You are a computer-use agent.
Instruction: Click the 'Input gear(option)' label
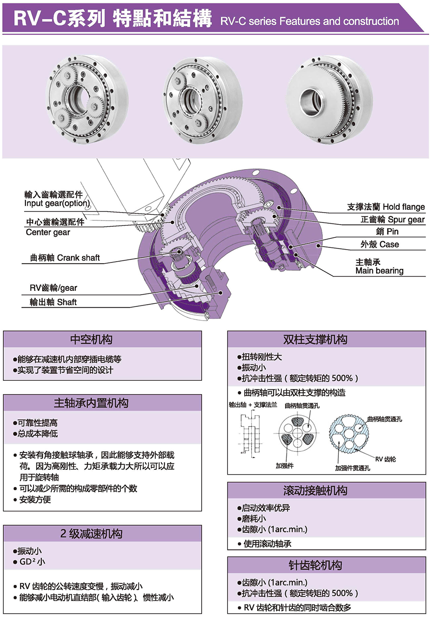57,203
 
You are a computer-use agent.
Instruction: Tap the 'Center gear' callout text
48,232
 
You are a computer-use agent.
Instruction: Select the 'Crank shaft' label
65,258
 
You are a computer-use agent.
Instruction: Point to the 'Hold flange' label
386,207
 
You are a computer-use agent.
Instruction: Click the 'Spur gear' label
392,219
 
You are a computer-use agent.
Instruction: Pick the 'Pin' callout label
387,231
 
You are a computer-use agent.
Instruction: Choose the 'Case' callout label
380,244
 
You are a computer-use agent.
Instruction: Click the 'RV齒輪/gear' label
53,288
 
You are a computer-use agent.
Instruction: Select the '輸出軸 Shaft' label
53,302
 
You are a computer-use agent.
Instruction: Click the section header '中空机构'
91,339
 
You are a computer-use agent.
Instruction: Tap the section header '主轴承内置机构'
91,403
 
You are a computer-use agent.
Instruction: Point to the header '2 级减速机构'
91,534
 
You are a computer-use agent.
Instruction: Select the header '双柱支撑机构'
315,339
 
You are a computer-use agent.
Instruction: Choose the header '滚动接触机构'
315,491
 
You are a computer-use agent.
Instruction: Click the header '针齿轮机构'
315,565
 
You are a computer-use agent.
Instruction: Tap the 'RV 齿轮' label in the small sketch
385,459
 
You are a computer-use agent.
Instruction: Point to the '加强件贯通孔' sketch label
353,468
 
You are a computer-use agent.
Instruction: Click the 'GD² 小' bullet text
32,561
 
